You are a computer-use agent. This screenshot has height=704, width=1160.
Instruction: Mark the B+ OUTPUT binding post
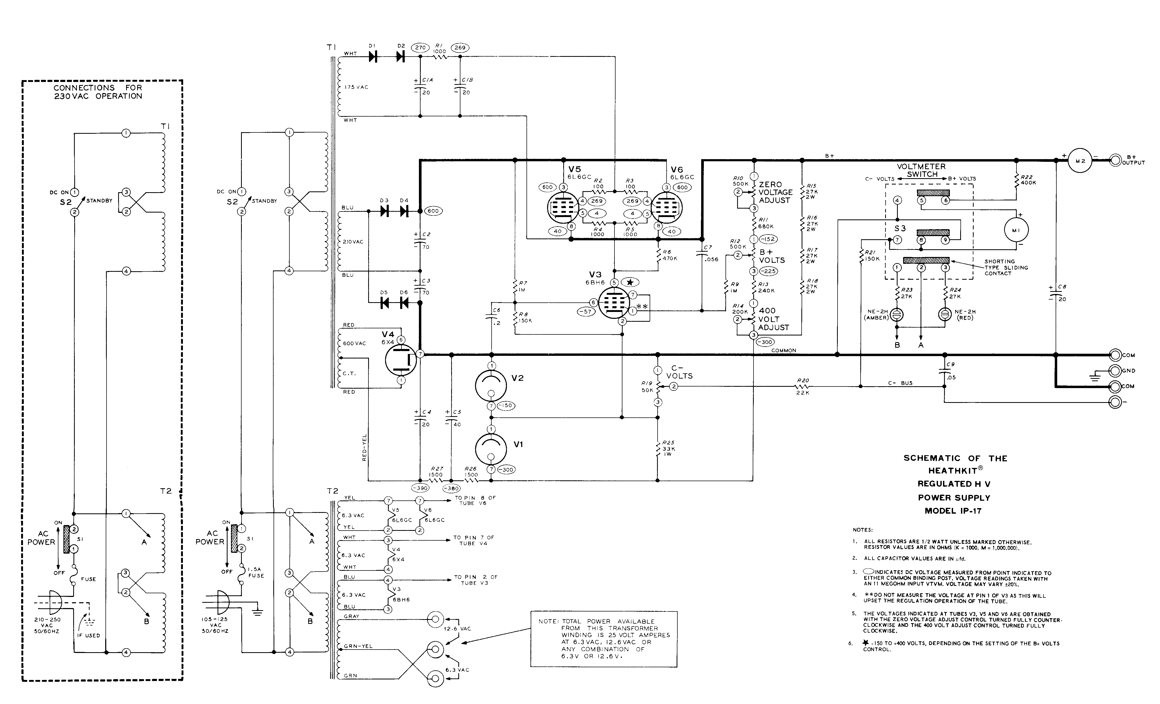coord(1115,160)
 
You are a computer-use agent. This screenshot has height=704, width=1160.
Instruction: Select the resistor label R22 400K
coord(1028,180)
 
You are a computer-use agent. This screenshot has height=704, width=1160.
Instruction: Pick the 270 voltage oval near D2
coord(420,48)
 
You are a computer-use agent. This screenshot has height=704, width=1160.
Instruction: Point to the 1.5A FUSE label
coord(256,572)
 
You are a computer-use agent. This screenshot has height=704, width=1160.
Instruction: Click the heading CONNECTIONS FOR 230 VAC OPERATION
coord(98,92)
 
